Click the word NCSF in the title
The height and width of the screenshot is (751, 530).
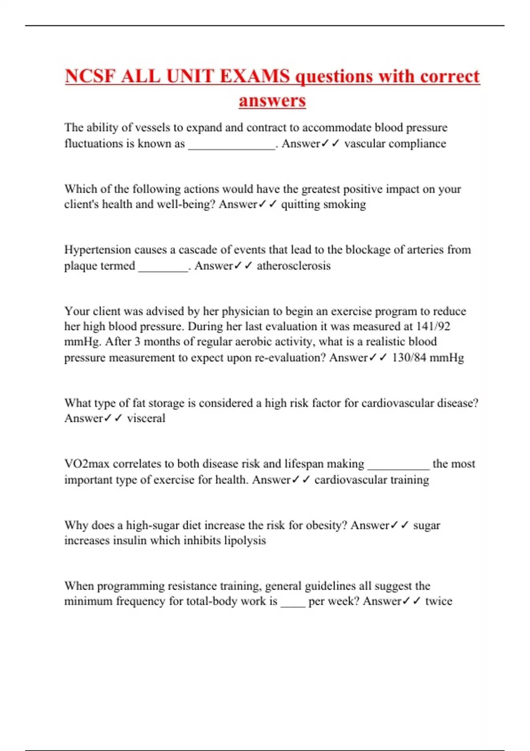pyautogui.click(x=91, y=76)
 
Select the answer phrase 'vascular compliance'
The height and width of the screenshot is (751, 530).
pyautogui.click(x=395, y=144)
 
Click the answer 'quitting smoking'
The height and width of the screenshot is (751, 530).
pyautogui.click(x=323, y=204)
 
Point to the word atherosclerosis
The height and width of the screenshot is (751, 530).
pyautogui.click(x=294, y=266)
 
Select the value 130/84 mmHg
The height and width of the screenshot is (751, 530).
pyautogui.click(x=428, y=357)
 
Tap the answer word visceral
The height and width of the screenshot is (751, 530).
pyautogui.click(x=146, y=418)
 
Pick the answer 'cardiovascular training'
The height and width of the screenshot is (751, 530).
pyautogui.click(x=371, y=480)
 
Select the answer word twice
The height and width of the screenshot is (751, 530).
pyautogui.click(x=439, y=601)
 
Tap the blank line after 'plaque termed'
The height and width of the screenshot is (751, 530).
pyautogui.click(x=163, y=269)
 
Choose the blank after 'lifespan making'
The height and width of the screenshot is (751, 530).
pyautogui.click(x=398, y=467)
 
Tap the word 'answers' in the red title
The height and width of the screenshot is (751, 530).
pyautogui.click(x=272, y=101)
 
